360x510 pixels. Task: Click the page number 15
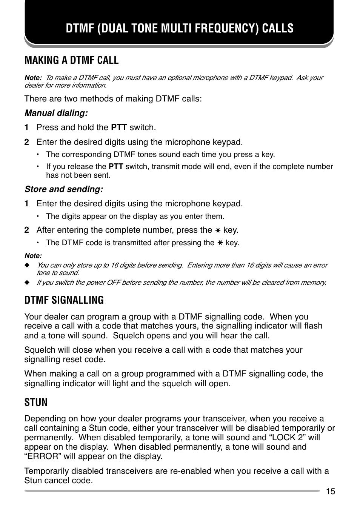[331, 491]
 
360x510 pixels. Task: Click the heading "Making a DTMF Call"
[71, 60]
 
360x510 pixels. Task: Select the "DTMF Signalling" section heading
[64, 300]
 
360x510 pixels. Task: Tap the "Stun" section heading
[36, 402]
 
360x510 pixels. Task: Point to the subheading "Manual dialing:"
[56, 113]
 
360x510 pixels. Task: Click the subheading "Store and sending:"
[64, 189]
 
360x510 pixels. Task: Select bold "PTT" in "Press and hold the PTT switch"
[119, 127]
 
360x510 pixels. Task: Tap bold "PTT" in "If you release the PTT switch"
[116, 167]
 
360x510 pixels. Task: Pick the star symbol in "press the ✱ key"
[218, 230]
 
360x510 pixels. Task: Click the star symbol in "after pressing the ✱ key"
[220, 243]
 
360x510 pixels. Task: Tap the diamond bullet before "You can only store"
[27, 266]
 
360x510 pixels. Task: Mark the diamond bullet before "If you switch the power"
[27, 283]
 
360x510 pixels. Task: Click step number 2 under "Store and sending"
[26, 230]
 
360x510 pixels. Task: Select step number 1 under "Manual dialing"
[26, 127]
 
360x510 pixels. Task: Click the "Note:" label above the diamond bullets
[33, 256]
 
